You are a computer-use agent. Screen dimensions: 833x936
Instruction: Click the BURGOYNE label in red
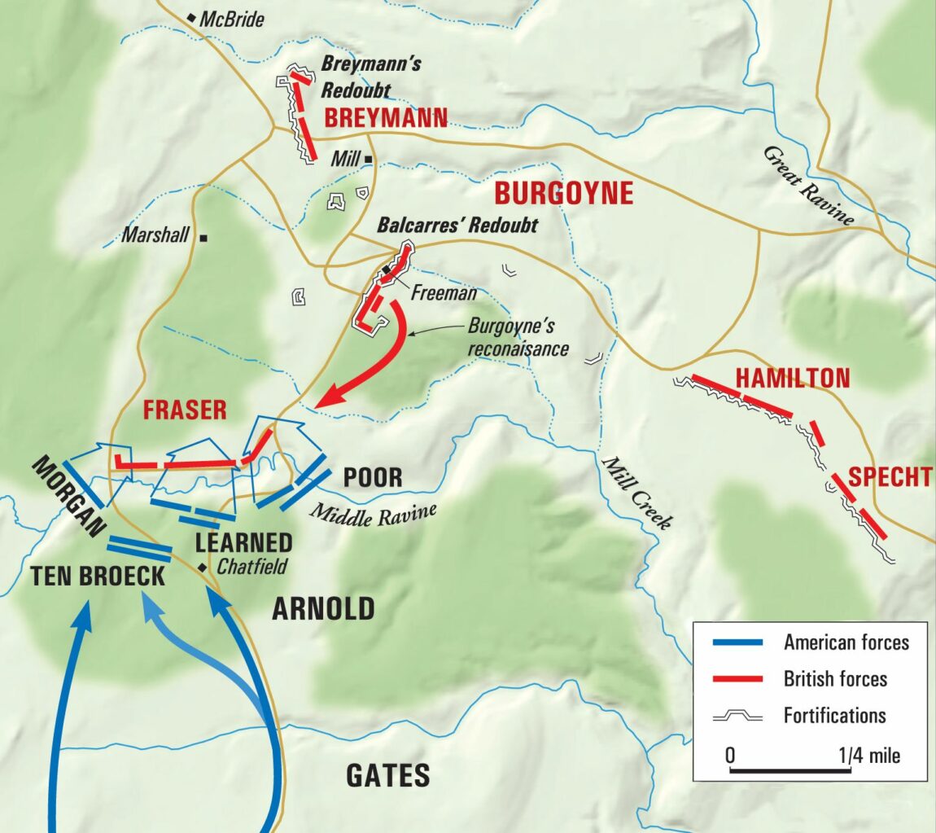click(563, 194)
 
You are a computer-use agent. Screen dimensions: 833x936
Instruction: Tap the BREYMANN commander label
click(386, 119)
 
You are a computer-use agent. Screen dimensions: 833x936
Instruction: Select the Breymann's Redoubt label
click(370, 77)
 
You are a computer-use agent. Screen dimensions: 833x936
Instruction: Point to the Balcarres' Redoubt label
click(457, 226)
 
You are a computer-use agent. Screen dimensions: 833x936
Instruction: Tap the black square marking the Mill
click(369, 159)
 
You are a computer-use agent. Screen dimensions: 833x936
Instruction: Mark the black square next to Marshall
click(203, 238)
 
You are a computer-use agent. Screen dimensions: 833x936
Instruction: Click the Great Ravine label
click(809, 186)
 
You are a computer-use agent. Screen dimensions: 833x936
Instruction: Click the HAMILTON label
click(792, 379)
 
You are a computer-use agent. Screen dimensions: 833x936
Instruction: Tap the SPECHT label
click(890, 477)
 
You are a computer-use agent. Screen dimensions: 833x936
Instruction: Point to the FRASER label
click(185, 410)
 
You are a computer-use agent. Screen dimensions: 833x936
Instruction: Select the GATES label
click(388, 775)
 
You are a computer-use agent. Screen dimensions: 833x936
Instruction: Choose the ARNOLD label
click(323, 609)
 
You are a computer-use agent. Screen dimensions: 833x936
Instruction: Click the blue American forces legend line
click(737, 642)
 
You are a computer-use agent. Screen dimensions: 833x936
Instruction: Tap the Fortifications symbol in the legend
click(737, 716)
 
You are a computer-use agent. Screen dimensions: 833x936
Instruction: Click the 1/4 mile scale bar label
click(869, 755)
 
